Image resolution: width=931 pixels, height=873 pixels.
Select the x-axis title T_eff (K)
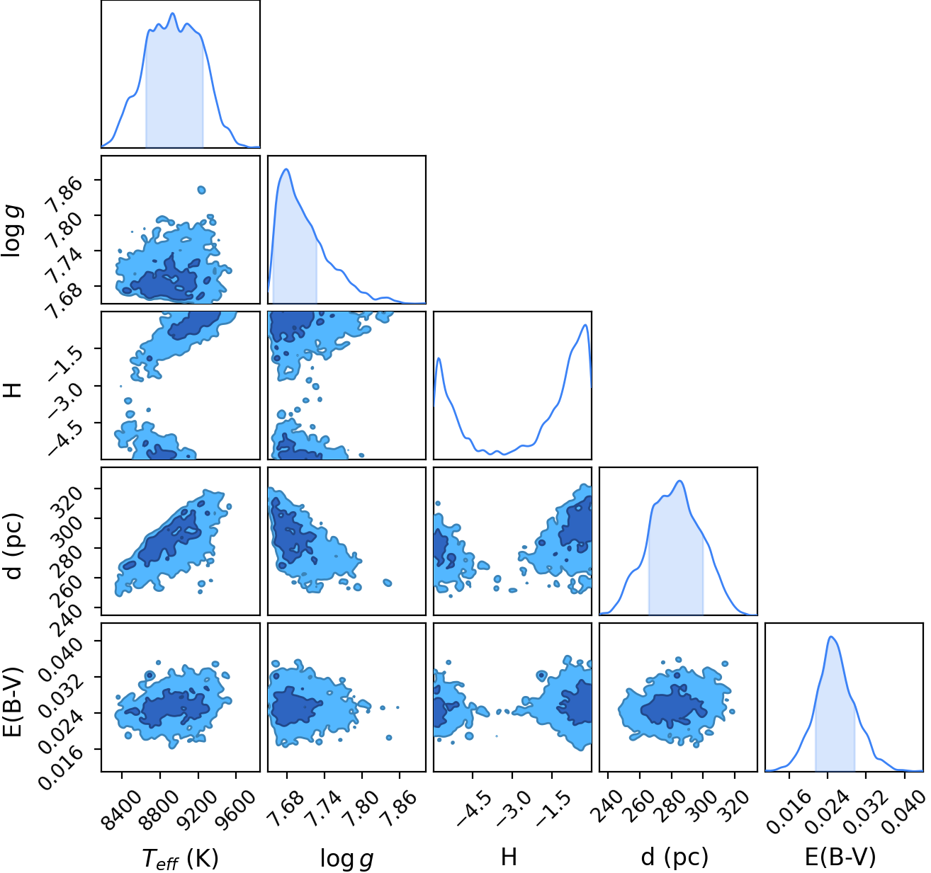pos(180,858)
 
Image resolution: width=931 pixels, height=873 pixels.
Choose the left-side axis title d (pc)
pos(13,546)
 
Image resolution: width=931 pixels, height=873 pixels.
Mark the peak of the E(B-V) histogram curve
pos(830,637)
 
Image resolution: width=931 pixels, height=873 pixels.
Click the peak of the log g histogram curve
pos(286,169)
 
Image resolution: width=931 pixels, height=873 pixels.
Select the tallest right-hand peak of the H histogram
pos(585,325)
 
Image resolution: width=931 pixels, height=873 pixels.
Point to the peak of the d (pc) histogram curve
pos(679,481)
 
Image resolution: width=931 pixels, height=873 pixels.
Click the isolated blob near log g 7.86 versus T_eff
pos(202,190)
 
